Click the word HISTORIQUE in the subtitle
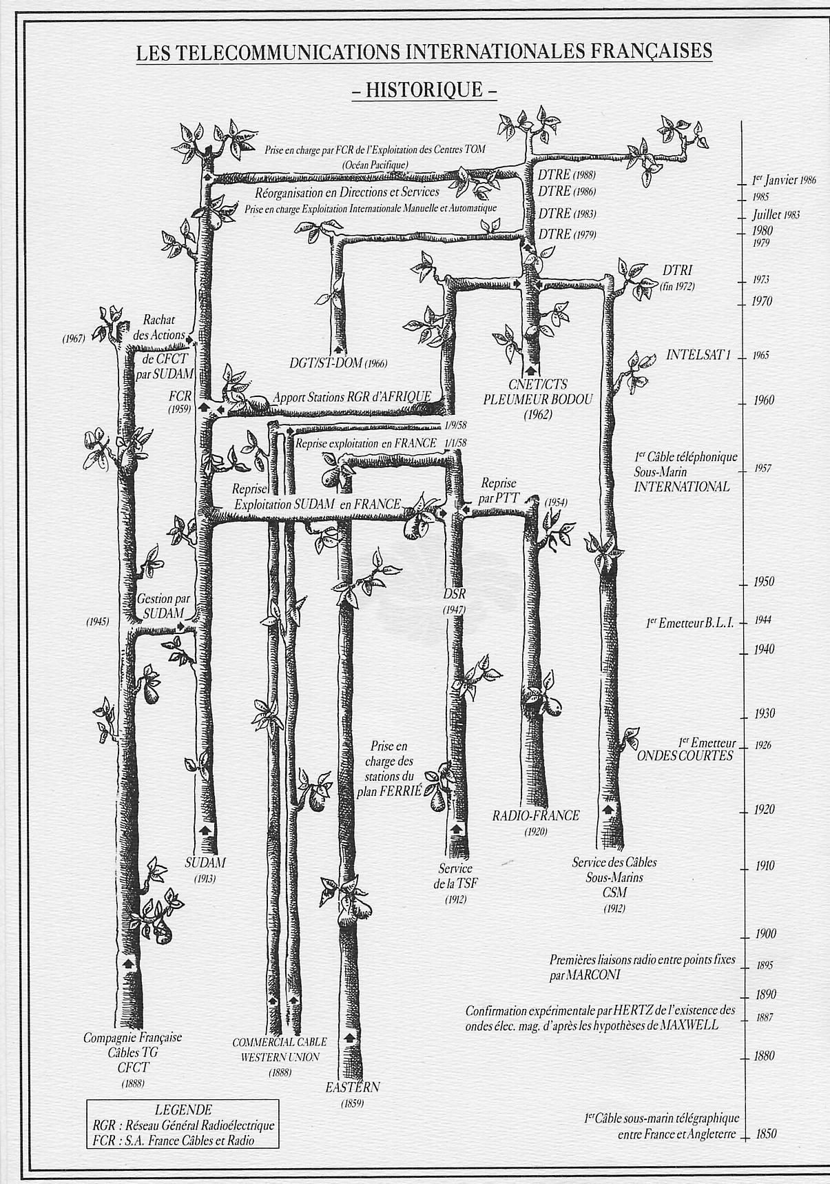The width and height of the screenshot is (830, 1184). click(424, 90)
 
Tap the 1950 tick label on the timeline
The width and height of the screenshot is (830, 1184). click(763, 582)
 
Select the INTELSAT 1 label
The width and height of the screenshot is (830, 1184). click(698, 356)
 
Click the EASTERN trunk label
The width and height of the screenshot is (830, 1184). click(353, 1088)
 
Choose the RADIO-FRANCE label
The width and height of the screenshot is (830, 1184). click(536, 816)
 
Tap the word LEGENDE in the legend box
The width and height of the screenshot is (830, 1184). click(183, 1110)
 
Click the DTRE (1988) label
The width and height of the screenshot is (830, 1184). click(567, 175)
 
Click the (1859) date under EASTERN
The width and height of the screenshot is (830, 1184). click(352, 1104)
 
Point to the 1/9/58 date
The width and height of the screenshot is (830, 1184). click(454, 426)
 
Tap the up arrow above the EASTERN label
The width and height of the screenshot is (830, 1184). click(350, 1038)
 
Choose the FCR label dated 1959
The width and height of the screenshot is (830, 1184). click(180, 398)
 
